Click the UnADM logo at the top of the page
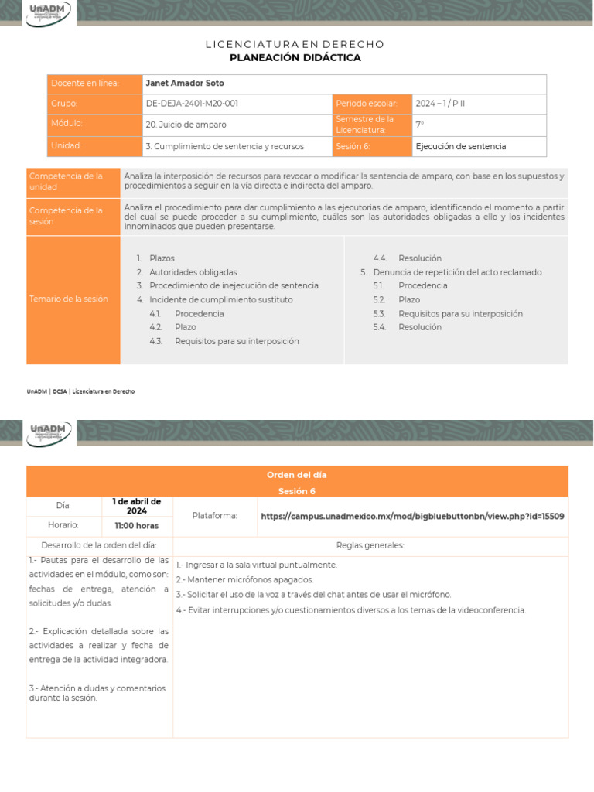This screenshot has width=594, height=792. (x=48, y=13)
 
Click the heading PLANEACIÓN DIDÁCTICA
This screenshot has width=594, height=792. (x=295, y=58)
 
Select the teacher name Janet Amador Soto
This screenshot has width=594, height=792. (x=185, y=84)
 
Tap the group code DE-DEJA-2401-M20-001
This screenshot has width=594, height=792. (x=192, y=104)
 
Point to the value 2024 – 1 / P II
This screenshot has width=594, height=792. (x=440, y=104)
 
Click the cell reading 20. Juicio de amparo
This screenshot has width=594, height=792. (x=186, y=125)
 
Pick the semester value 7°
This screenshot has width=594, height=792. (x=420, y=125)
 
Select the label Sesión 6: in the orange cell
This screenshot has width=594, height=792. (x=353, y=146)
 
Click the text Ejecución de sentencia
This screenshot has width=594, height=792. (x=461, y=146)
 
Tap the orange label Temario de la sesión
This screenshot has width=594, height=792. (x=69, y=299)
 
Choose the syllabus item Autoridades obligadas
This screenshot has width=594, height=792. (x=193, y=272)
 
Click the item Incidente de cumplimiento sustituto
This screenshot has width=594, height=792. (x=221, y=299)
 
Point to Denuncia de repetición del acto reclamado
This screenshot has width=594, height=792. (x=457, y=272)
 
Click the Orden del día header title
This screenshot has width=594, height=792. (x=297, y=475)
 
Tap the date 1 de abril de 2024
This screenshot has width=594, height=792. (x=137, y=506)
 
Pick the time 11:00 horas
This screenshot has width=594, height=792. (x=137, y=526)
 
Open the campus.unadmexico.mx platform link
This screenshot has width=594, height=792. (x=412, y=516)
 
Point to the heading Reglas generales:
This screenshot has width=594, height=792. (x=370, y=545)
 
